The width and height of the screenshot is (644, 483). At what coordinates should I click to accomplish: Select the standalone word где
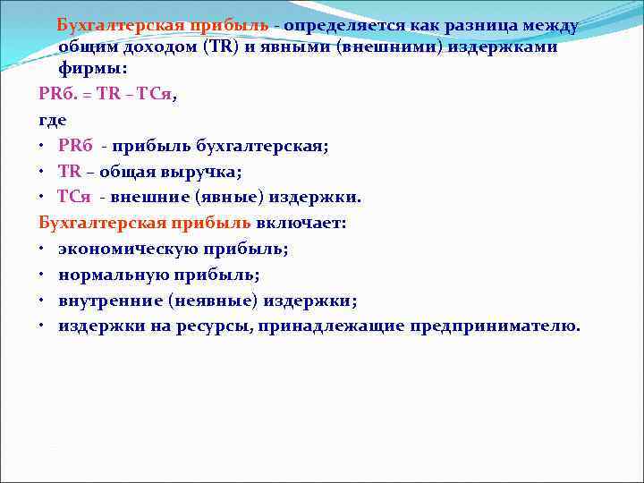pos(53,119)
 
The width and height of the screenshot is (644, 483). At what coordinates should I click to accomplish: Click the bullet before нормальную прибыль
pos(42,275)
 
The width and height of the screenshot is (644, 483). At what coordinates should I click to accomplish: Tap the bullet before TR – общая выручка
pos(42,171)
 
